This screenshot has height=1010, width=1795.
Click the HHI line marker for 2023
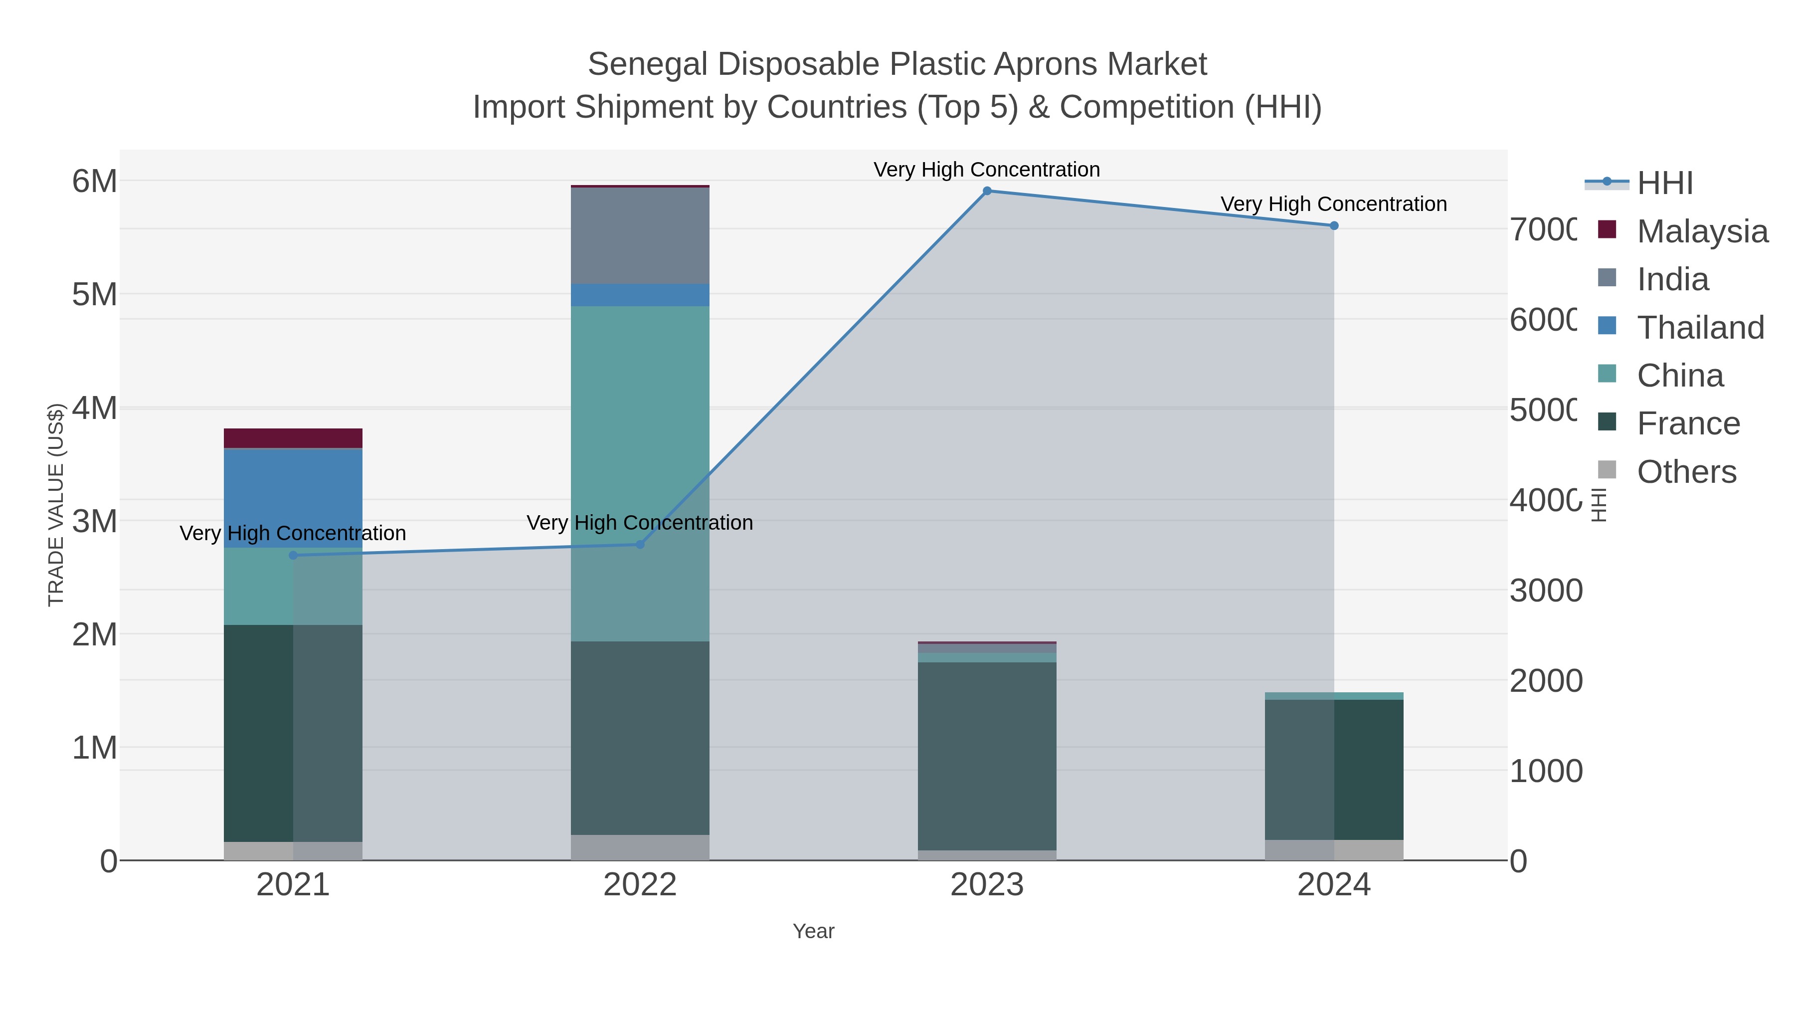click(x=987, y=191)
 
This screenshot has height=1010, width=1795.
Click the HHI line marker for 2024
click(x=1334, y=226)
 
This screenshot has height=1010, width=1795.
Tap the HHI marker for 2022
click(x=640, y=544)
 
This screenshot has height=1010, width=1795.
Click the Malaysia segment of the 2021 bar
click(x=293, y=438)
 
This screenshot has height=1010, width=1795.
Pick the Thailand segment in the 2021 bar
click(x=293, y=498)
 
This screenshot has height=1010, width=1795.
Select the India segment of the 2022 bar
click(x=640, y=235)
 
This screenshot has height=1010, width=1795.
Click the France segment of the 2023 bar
click(x=987, y=756)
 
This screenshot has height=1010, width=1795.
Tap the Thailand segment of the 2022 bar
click(x=640, y=295)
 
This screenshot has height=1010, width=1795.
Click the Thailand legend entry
click(x=1700, y=328)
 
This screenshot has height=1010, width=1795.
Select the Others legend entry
click(x=1686, y=472)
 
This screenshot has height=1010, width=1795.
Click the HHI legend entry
click(x=1665, y=184)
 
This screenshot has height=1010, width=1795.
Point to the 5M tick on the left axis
click(x=95, y=294)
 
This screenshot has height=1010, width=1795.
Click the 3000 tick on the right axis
click(x=1546, y=591)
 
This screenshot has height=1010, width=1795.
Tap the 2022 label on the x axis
click(x=640, y=885)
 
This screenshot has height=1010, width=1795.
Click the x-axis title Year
click(x=813, y=931)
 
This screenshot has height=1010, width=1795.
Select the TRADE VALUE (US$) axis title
click(x=56, y=505)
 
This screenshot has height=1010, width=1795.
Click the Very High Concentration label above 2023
click(x=987, y=170)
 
